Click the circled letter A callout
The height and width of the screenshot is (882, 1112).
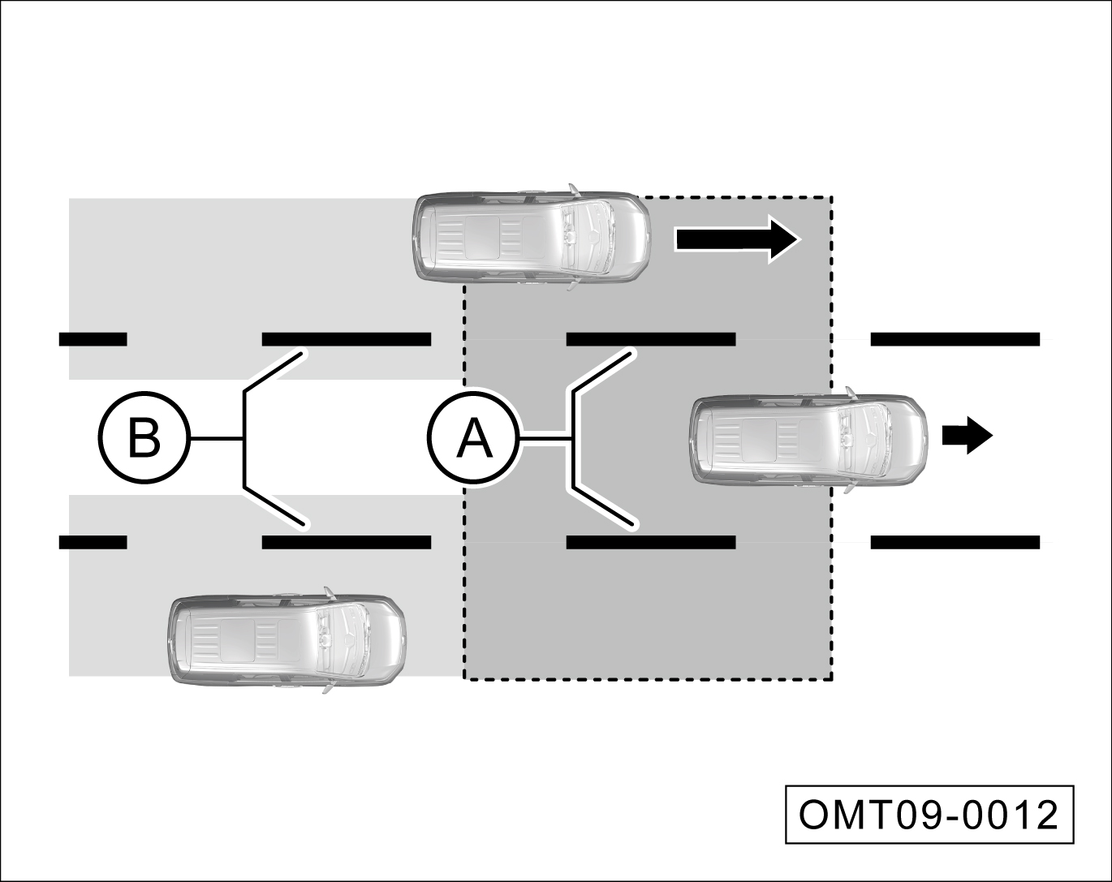tap(473, 439)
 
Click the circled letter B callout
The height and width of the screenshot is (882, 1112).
tap(144, 439)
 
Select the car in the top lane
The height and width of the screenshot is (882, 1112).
tap(532, 237)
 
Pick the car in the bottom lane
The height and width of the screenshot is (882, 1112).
tap(286, 640)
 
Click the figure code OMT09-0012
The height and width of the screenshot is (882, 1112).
tap(929, 814)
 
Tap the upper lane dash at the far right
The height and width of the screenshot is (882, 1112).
tap(955, 339)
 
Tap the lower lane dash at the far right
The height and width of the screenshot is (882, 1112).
tap(955, 542)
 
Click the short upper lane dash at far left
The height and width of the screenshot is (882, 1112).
tap(93, 339)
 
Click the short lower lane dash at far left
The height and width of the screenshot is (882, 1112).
tap(93, 542)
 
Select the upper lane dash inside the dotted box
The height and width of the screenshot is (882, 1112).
tap(650, 339)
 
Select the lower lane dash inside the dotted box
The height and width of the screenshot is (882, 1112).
tap(650, 542)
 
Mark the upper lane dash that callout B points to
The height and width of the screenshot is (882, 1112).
tap(346, 339)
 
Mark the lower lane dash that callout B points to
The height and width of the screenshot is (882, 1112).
tap(346, 542)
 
